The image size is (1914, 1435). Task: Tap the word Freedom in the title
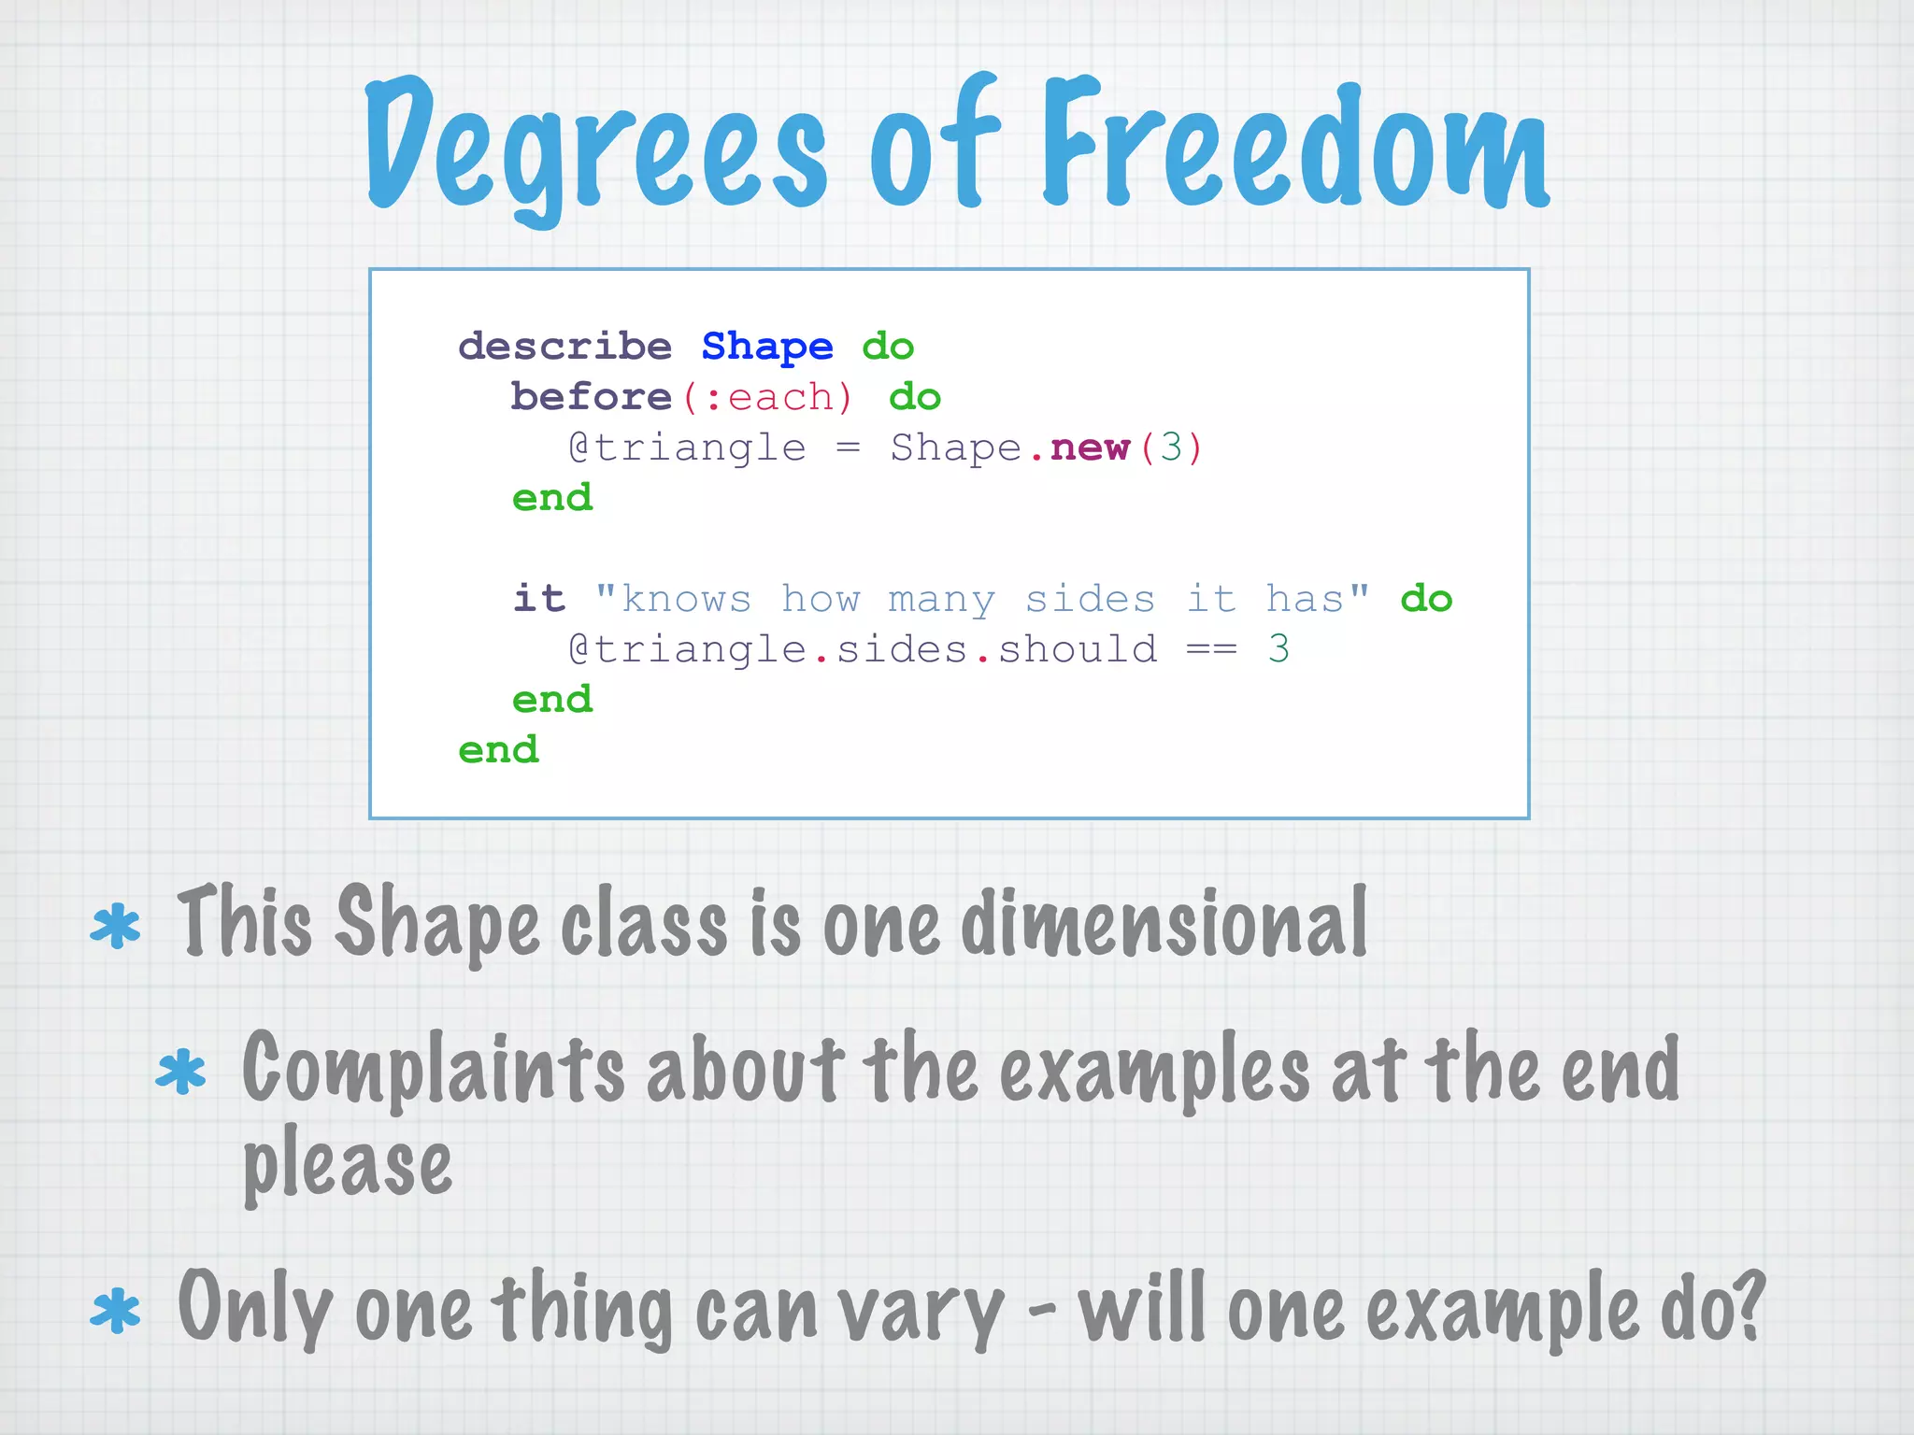point(1294,145)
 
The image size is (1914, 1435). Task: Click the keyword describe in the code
point(564,347)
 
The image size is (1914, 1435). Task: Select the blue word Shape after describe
point(766,347)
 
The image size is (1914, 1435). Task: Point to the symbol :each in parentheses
point(767,398)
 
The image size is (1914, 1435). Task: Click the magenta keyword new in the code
point(1090,448)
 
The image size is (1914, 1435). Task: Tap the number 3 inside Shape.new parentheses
point(1171,448)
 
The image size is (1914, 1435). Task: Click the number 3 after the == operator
point(1278,649)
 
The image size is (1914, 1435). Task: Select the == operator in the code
point(1211,649)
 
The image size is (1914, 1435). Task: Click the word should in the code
point(1078,649)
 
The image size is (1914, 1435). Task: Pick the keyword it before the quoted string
point(539,598)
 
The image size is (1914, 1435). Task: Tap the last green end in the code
point(498,750)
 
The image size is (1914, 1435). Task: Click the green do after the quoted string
point(1426,599)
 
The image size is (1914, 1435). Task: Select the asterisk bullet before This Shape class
point(116,926)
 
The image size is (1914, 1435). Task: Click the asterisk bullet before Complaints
point(180,1072)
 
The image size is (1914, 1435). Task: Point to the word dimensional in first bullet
point(1164,923)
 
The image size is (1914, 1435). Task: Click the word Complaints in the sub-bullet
point(432,1070)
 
